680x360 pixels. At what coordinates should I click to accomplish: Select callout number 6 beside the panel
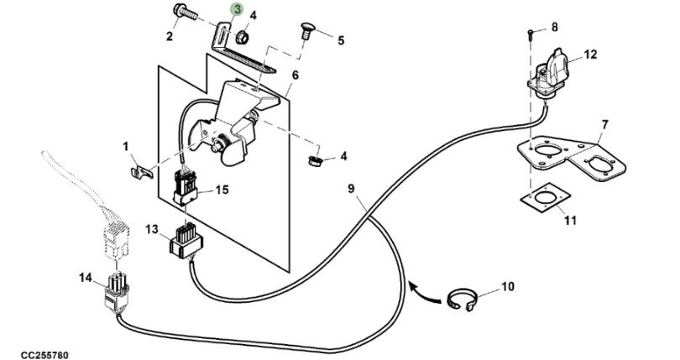295,76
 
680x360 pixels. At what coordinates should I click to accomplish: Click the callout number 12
590,55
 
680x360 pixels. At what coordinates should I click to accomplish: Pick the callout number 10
507,287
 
